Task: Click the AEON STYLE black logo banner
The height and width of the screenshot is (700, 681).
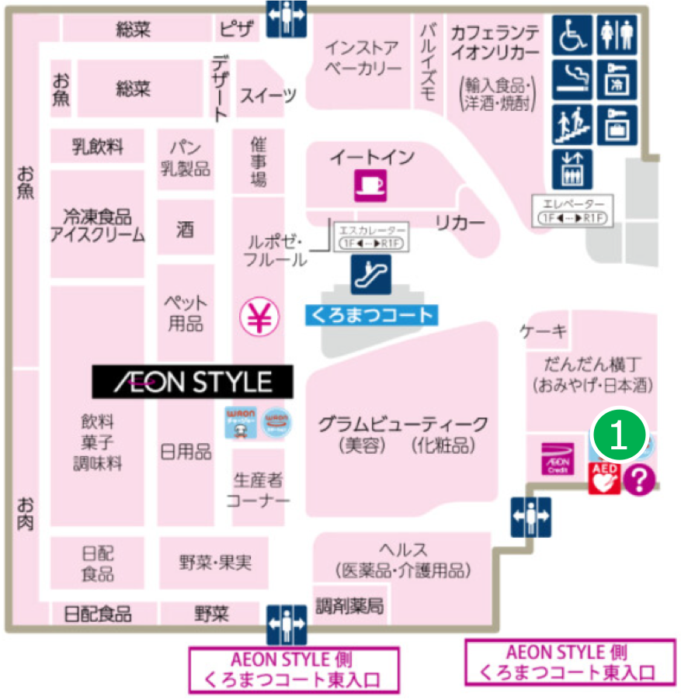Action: coord(193,381)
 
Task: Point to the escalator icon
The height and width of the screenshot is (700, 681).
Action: coord(371,276)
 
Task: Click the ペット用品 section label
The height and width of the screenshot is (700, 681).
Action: coord(185,313)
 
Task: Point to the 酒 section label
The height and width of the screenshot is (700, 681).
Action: coord(185,230)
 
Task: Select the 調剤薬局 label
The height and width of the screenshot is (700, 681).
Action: coord(349,605)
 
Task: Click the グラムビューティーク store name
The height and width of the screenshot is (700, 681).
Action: coord(402,425)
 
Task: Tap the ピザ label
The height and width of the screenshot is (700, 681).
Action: coord(237,29)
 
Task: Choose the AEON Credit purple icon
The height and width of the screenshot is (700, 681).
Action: coord(557,459)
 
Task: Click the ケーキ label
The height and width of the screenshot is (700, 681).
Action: coord(544,332)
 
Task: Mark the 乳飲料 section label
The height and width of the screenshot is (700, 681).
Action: coord(98,145)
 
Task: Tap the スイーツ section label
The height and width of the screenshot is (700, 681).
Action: coord(267,95)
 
